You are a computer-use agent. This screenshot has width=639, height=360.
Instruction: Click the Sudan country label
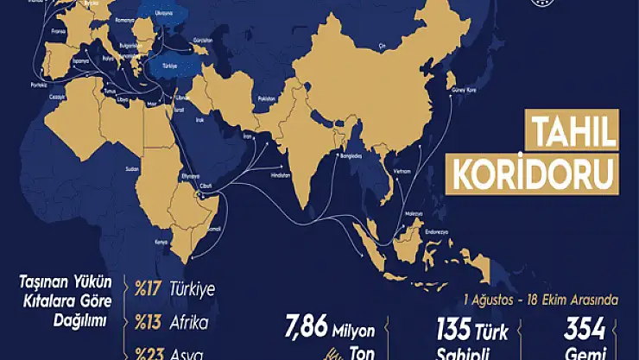pyautogui.click(x=132, y=168)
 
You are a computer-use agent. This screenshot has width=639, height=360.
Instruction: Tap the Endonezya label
pyautogui.click(x=433, y=231)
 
